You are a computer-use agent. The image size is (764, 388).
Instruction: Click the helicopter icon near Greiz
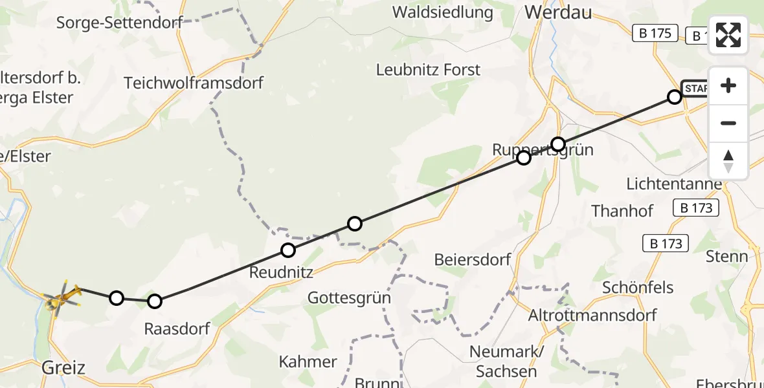pyautogui.click(x=62, y=298)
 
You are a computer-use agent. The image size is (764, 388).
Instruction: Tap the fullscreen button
pyautogui.click(x=728, y=35)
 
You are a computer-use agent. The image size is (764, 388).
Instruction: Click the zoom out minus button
pyautogui.click(x=728, y=123)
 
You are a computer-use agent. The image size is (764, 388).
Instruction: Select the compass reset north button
pyautogui.click(x=728, y=161)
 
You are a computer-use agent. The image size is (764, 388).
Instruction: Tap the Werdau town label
pyautogui.click(x=558, y=12)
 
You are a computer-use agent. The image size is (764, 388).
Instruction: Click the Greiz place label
pyautogui.click(x=63, y=368)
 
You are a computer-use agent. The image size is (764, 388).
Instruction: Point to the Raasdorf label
pyautogui.click(x=177, y=329)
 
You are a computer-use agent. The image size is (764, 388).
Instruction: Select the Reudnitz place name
pyautogui.click(x=281, y=272)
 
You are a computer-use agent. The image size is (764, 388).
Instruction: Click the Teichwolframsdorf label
pyautogui.click(x=194, y=83)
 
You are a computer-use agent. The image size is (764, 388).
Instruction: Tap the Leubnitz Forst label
pyautogui.click(x=429, y=70)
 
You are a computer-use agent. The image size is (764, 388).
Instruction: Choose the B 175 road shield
pyautogui.click(x=655, y=33)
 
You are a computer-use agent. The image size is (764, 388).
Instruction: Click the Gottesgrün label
pyautogui.click(x=349, y=298)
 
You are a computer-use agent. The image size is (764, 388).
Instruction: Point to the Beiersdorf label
pyautogui.click(x=473, y=260)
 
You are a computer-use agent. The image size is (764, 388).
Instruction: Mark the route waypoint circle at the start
pyautogui.click(x=674, y=97)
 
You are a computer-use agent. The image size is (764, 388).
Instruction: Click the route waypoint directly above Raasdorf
pyautogui.click(x=154, y=301)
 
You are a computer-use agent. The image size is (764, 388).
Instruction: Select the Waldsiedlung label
pyautogui.click(x=442, y=12)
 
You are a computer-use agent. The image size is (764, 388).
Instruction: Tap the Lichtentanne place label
pyautogui.click(x=673, y=184)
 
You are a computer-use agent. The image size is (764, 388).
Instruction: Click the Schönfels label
pyautogui.click(x=638, y=287)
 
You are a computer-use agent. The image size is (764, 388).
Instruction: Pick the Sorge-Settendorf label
pyautogui.click(x=119, y=23)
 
